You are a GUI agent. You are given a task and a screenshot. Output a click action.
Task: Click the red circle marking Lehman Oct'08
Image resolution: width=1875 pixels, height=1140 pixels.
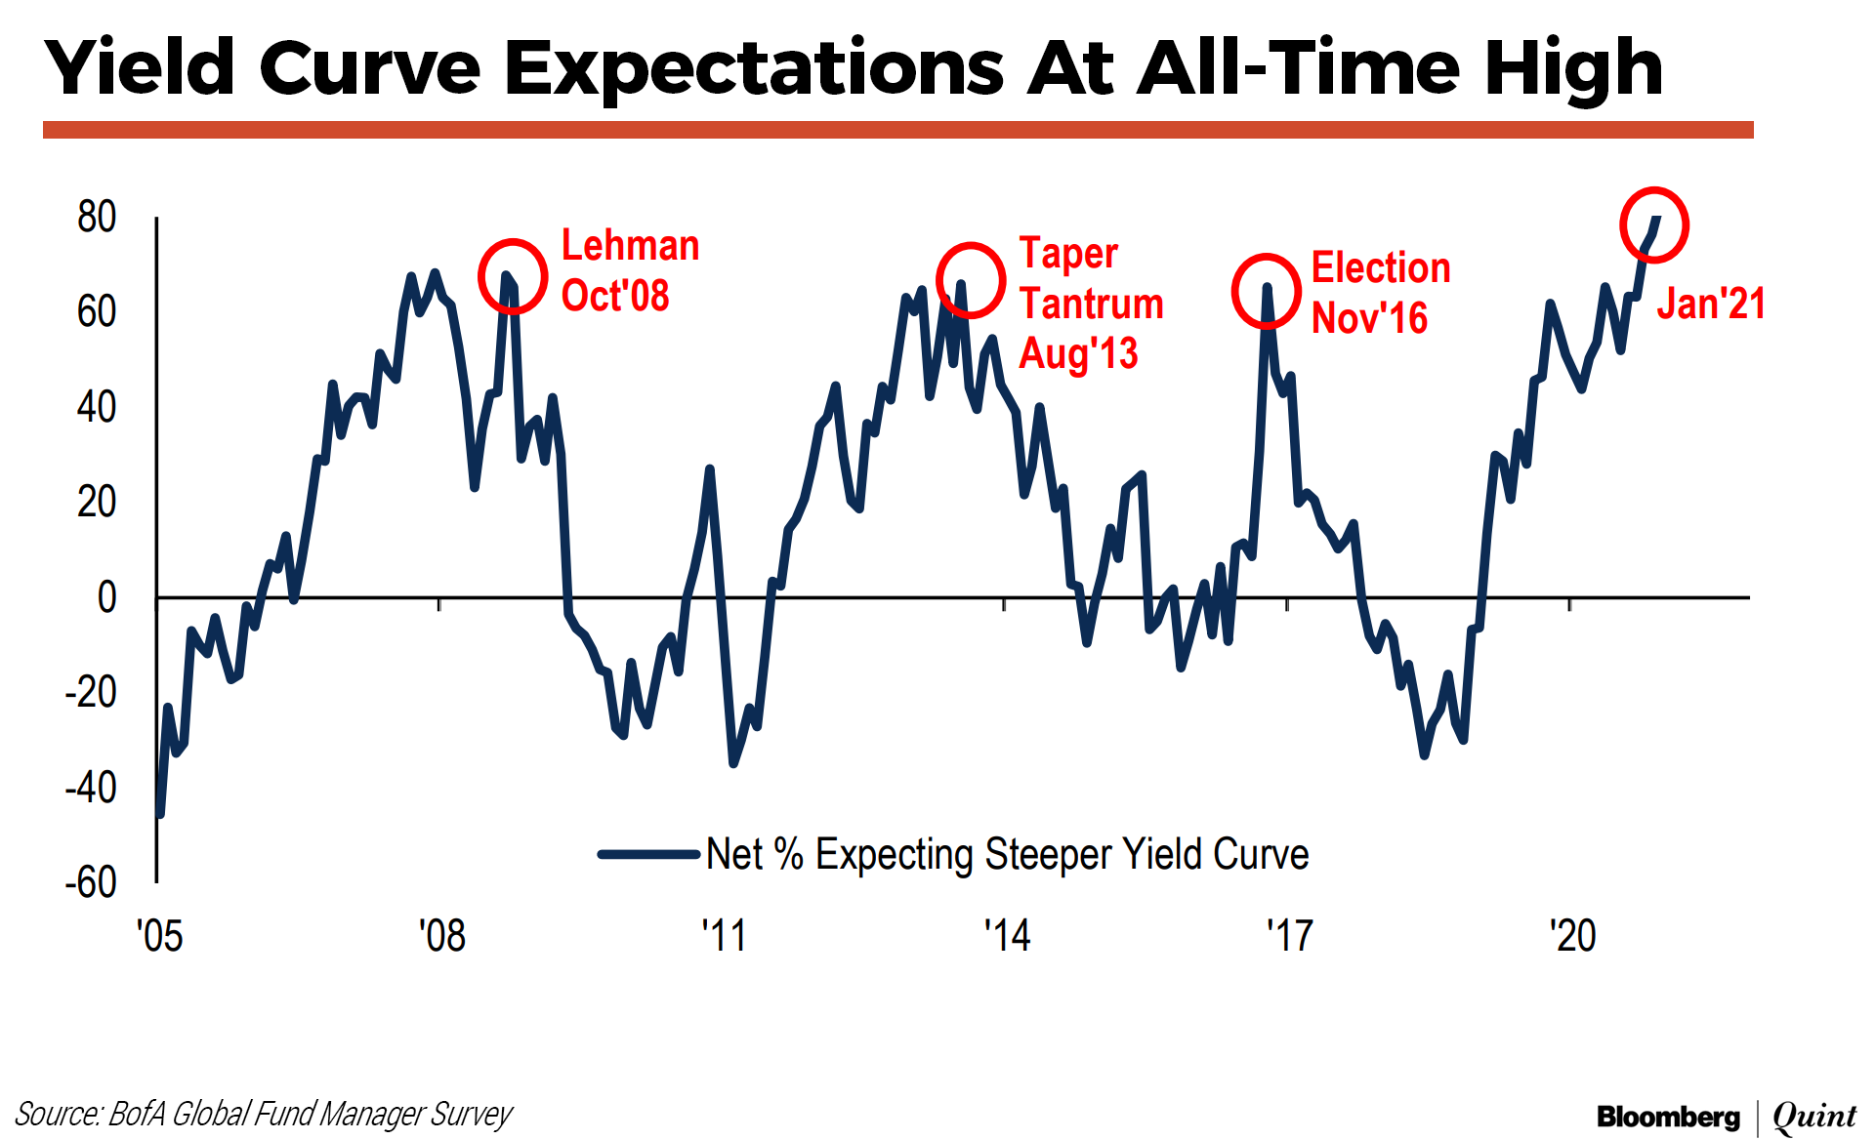(513, 276)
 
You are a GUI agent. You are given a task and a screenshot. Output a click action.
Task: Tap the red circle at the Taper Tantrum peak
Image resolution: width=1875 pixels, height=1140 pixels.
(971, 280)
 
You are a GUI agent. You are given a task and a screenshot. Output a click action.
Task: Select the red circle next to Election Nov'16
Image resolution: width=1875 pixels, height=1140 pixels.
(1266, 291)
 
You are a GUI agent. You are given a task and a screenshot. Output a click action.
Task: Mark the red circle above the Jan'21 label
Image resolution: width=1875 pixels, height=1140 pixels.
(1654, 224)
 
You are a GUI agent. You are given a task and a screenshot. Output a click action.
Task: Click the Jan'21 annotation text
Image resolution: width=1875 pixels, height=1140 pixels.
(1711, 304)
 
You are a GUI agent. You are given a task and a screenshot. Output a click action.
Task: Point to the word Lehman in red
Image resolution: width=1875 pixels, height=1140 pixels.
(630, 245)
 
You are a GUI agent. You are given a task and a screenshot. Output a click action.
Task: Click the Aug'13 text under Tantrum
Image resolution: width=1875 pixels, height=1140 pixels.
(1078, 353)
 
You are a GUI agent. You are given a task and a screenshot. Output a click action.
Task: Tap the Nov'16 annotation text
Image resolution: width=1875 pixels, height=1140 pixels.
(1369, 318)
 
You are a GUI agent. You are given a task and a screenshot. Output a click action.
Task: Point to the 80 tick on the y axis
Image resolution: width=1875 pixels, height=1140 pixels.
(97, 217)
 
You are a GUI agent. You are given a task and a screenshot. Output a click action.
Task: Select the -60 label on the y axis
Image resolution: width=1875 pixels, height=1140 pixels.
(91, 882)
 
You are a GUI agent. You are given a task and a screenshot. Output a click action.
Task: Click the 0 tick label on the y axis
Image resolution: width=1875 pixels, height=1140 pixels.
(106, 597)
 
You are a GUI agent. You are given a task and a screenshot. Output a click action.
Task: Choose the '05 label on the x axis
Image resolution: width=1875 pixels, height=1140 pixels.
(159, 936)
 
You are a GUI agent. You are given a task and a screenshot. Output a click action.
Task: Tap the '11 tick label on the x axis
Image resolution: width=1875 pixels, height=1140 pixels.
(724, 936)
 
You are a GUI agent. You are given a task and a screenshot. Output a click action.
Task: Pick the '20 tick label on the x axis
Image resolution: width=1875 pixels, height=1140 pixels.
(1572, 936)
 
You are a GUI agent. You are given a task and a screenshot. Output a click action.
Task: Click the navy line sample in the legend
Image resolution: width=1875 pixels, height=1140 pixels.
(648, 854)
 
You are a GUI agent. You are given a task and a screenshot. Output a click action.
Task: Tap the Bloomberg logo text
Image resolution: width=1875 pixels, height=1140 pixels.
(1668, 1117)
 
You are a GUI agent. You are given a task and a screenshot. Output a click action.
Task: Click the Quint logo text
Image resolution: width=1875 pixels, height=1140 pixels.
(1814, 1117)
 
